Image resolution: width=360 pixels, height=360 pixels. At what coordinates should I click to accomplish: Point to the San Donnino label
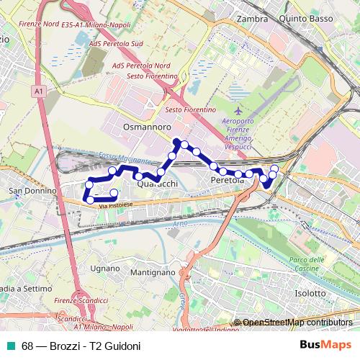click(x=32, y=191)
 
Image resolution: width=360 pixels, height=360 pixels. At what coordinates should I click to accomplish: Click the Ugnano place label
click(x=105, y=268)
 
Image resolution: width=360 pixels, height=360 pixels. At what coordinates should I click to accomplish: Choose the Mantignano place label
click(x=153, y=273)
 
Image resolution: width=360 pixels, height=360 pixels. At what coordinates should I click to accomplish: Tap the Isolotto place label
click(x=312, y=293)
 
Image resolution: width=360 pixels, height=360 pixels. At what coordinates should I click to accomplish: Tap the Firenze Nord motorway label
click(x=40, y=24)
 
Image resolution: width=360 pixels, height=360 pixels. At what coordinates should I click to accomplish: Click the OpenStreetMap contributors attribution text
click(x=297, y=323)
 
